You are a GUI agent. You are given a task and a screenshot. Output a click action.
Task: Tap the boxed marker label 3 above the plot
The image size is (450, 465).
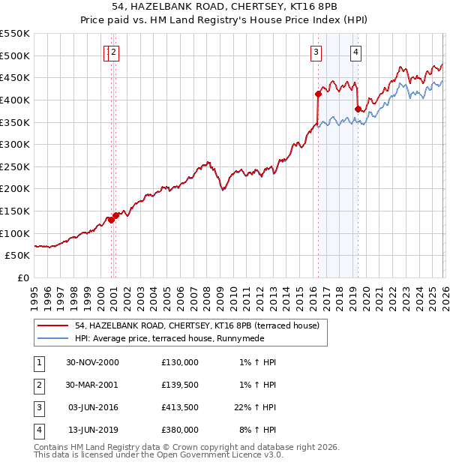pos(316,52)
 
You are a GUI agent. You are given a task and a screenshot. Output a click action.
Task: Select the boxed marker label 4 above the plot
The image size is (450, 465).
pos(355,52)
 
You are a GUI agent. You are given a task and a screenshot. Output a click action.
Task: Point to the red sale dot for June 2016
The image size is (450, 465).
pos(317,94)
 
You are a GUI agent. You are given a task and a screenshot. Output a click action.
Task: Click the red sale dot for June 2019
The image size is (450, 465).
pos(357,109)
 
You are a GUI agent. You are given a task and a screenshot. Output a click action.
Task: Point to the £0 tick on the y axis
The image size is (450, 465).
pos(22,277)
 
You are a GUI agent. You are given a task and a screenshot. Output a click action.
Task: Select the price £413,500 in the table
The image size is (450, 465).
pos(179,408)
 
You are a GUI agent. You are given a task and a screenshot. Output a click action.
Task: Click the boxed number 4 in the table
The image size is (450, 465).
pos(37,430)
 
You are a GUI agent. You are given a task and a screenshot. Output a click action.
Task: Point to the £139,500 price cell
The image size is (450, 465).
pos(179,385)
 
